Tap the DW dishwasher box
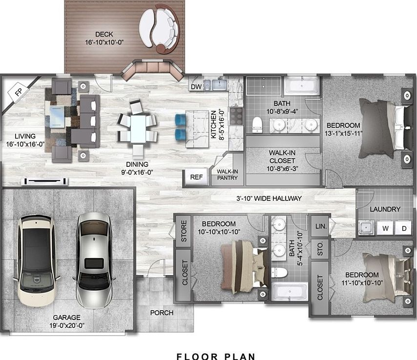point(196,86)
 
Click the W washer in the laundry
point(386,228)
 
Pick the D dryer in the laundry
point(403,228)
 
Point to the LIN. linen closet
point(320,227)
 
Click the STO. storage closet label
point(320,251)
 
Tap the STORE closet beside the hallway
point(184,232)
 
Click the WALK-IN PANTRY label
point(227,175)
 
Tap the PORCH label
point(161,313)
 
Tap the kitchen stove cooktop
point(236,116)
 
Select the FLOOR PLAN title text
point(216,357)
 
